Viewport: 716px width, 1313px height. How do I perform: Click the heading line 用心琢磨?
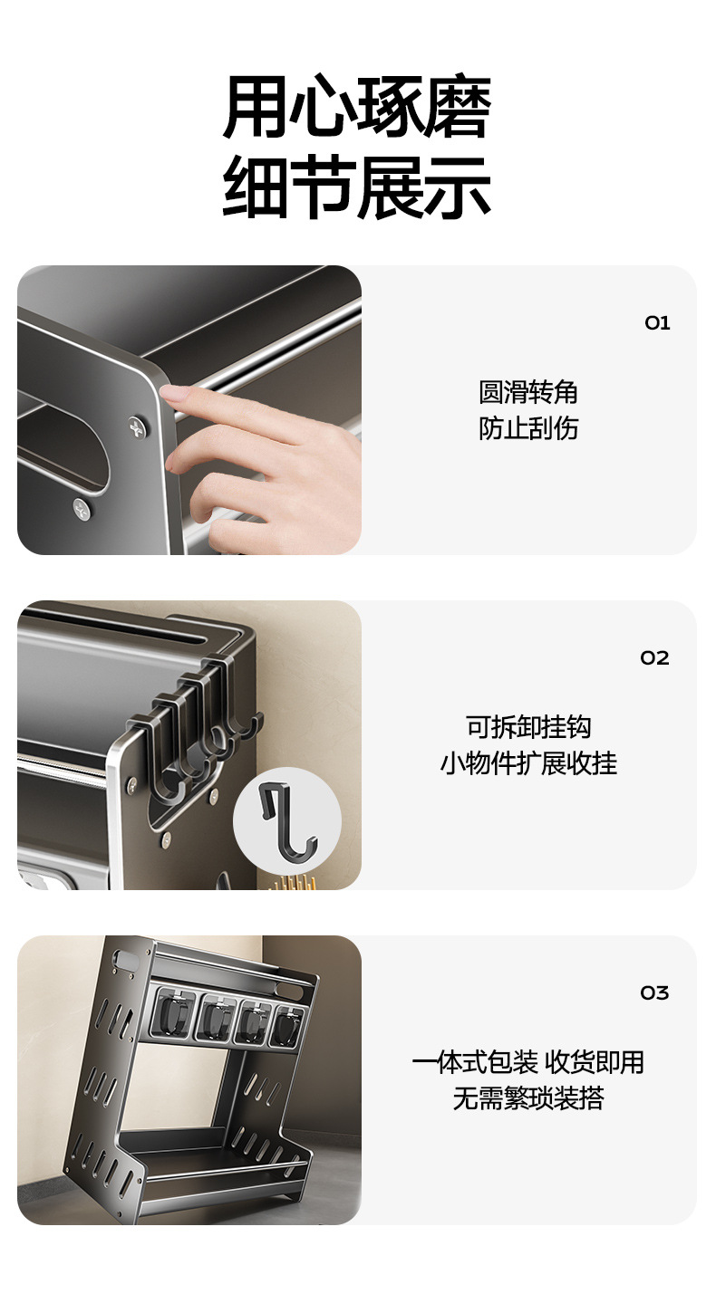357,106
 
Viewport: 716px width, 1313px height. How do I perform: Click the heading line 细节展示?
357,188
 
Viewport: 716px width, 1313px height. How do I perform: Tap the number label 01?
657,323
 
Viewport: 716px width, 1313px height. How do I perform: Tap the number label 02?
654,657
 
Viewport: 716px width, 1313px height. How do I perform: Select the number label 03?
654,993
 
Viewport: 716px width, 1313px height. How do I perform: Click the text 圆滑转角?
528,392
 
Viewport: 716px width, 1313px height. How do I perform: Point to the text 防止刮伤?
528,428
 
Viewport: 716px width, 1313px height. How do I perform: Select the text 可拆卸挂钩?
528,727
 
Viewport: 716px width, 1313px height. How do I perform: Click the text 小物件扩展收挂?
528,763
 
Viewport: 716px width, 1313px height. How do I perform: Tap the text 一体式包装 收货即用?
528,1062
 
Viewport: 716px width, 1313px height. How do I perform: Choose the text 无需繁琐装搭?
528,1098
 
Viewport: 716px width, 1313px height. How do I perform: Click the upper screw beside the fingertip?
139,426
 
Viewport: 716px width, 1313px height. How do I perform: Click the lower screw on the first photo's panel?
82,509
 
